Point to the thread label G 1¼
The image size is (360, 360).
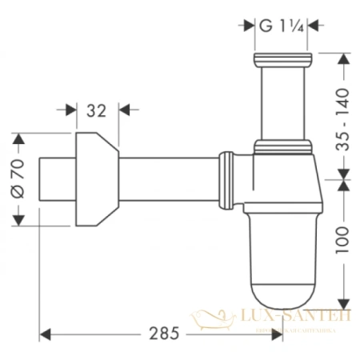pos(278,26)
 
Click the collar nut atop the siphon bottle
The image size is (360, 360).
pos(283,147)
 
